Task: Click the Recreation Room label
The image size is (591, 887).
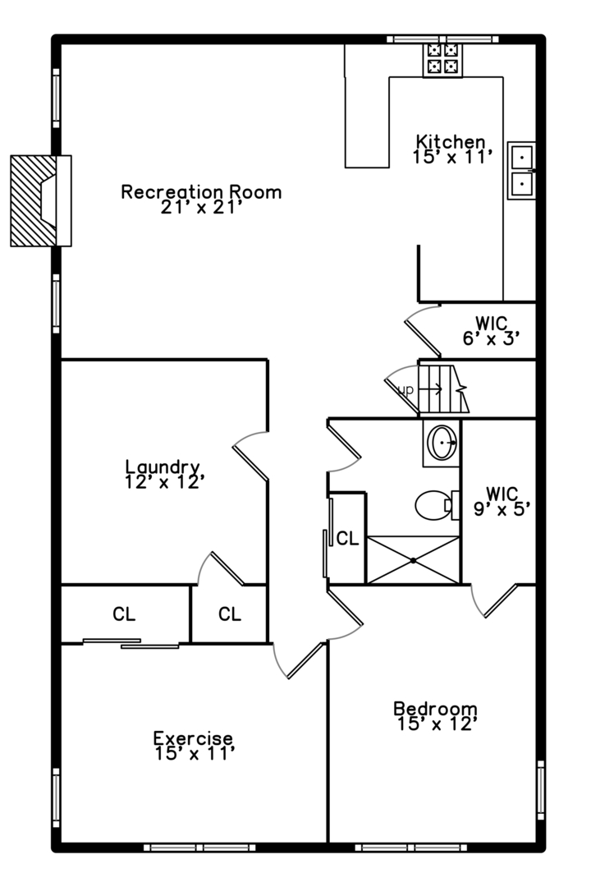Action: tap(201, 192)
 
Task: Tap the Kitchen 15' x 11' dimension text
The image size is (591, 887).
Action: tap(453, 156)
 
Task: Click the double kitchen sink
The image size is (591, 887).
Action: tap(521, 170)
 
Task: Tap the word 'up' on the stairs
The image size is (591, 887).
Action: tap(405, 389)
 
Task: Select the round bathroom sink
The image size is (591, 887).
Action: tap(442, 443)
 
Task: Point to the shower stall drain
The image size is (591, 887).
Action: tap(413, 560)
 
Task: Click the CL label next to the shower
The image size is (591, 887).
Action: tap(347, 539)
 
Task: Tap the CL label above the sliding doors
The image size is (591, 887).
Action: tap(124, 614)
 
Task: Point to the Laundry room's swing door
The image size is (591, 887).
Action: tap(250, 456)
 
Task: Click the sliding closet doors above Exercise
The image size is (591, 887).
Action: tap(131, 644)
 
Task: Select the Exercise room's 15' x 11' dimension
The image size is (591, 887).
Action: tap(195, 752)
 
